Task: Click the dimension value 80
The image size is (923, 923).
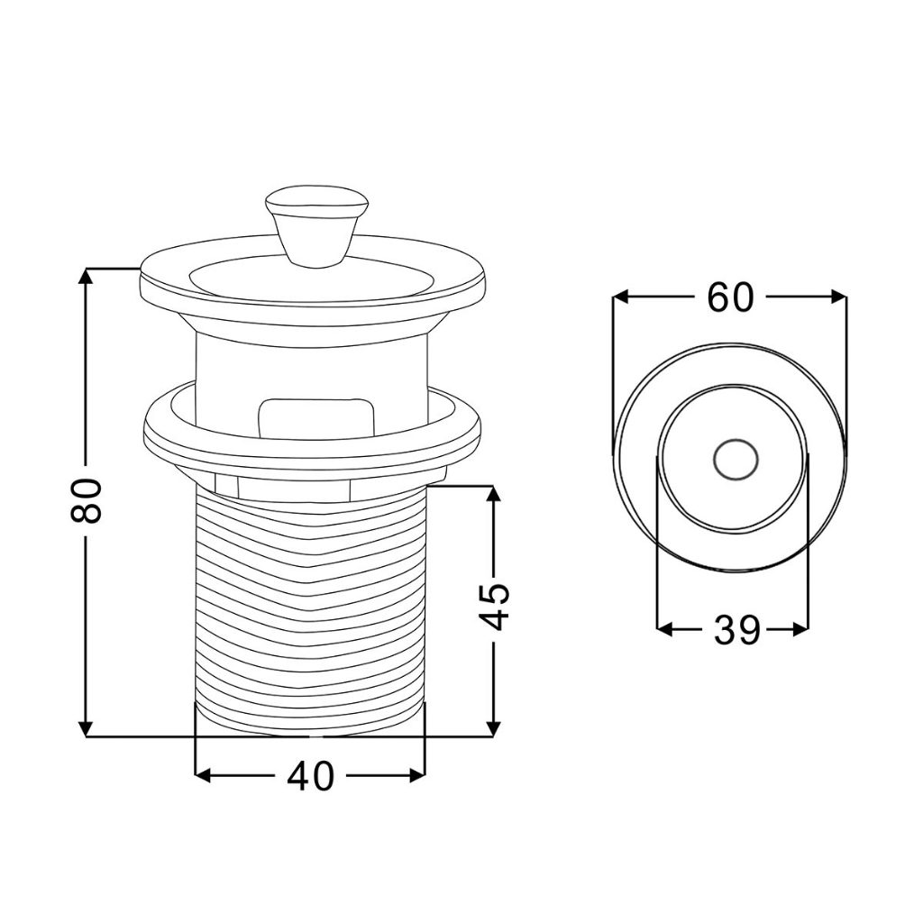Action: click(86, 500)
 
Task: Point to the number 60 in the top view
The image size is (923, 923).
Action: click(730, 297)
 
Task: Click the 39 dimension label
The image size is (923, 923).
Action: click(737, 629)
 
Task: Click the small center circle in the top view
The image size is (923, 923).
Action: click(736, 460)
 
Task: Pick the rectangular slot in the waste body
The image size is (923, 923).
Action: click(316, 418)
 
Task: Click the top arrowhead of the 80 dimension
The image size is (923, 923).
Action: click(87, 277)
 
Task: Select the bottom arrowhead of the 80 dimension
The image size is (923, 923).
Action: click(87, 727)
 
